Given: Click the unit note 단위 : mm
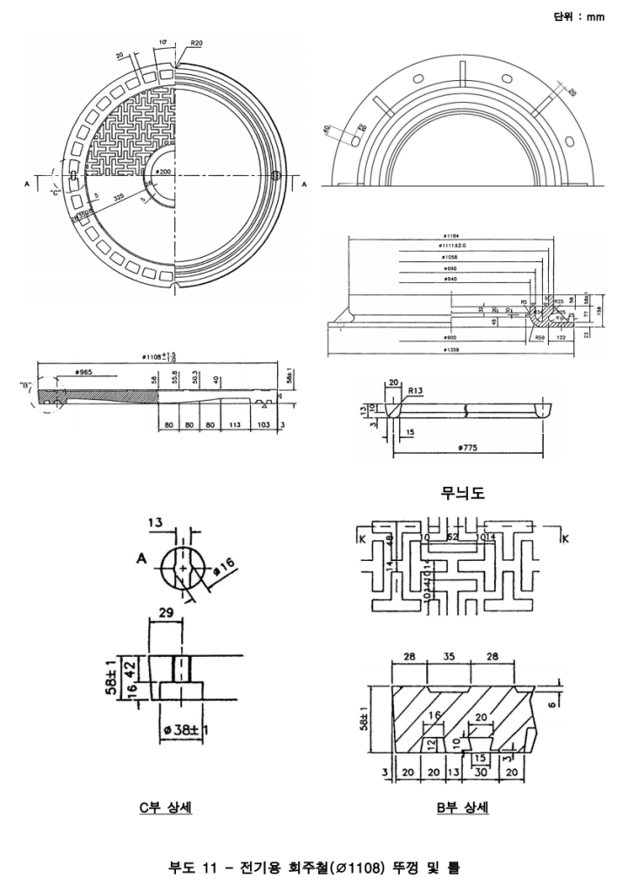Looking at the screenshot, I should click(579, 16).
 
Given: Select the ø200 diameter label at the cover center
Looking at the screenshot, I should click(162, 172).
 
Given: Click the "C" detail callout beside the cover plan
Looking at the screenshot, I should click(57, 193).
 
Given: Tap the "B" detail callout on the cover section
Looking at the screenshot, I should click(25, 383).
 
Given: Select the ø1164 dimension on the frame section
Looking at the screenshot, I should click(450, 235).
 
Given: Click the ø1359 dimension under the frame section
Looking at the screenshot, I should click(450, 350).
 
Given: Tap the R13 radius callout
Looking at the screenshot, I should click(416, 391).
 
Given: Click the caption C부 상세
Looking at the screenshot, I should click(166, 808).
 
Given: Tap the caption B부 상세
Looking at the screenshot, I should click(463, 808).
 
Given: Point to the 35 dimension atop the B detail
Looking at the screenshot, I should click(449, 655).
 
